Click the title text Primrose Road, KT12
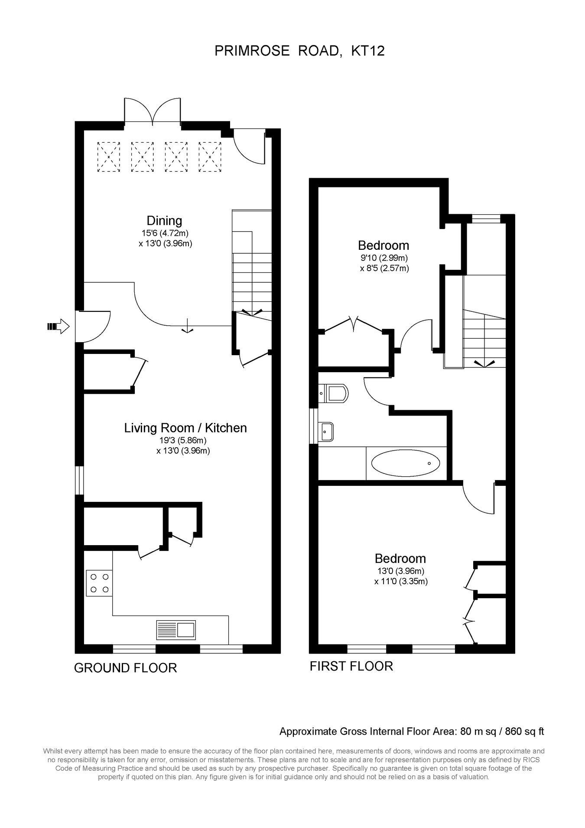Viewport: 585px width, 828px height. pyautogui.click(x=299, y=51)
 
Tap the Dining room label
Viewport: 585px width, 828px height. pyautogui.click(x=164, y=221)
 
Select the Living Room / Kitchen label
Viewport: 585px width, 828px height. pyautogui.click(x=185, y=428)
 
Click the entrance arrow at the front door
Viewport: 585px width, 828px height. pyautogui.click(x=58, y=326)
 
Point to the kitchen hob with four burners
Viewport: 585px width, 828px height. pyautogui.click(x=99, y=583)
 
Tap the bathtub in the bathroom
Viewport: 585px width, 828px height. pyautogui.click(x=406, y=463)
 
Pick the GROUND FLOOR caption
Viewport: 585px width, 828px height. pyautogui.click(x=126, y=668)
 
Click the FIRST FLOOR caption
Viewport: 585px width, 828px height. pyautogui.click(x=351, y=666)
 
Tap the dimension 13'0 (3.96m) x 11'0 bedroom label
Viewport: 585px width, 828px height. pyautogui.click(x=401, y=576)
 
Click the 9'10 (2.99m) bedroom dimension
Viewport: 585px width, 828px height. pyautogui.click(x=384, y=259)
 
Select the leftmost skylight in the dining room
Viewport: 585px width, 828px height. pyautogui.click(x=108, y=157)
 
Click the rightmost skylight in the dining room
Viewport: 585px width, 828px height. pyautogui.click(x=210, y=157)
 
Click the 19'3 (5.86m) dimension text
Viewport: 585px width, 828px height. pyautogui.click(x=183, y=440)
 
